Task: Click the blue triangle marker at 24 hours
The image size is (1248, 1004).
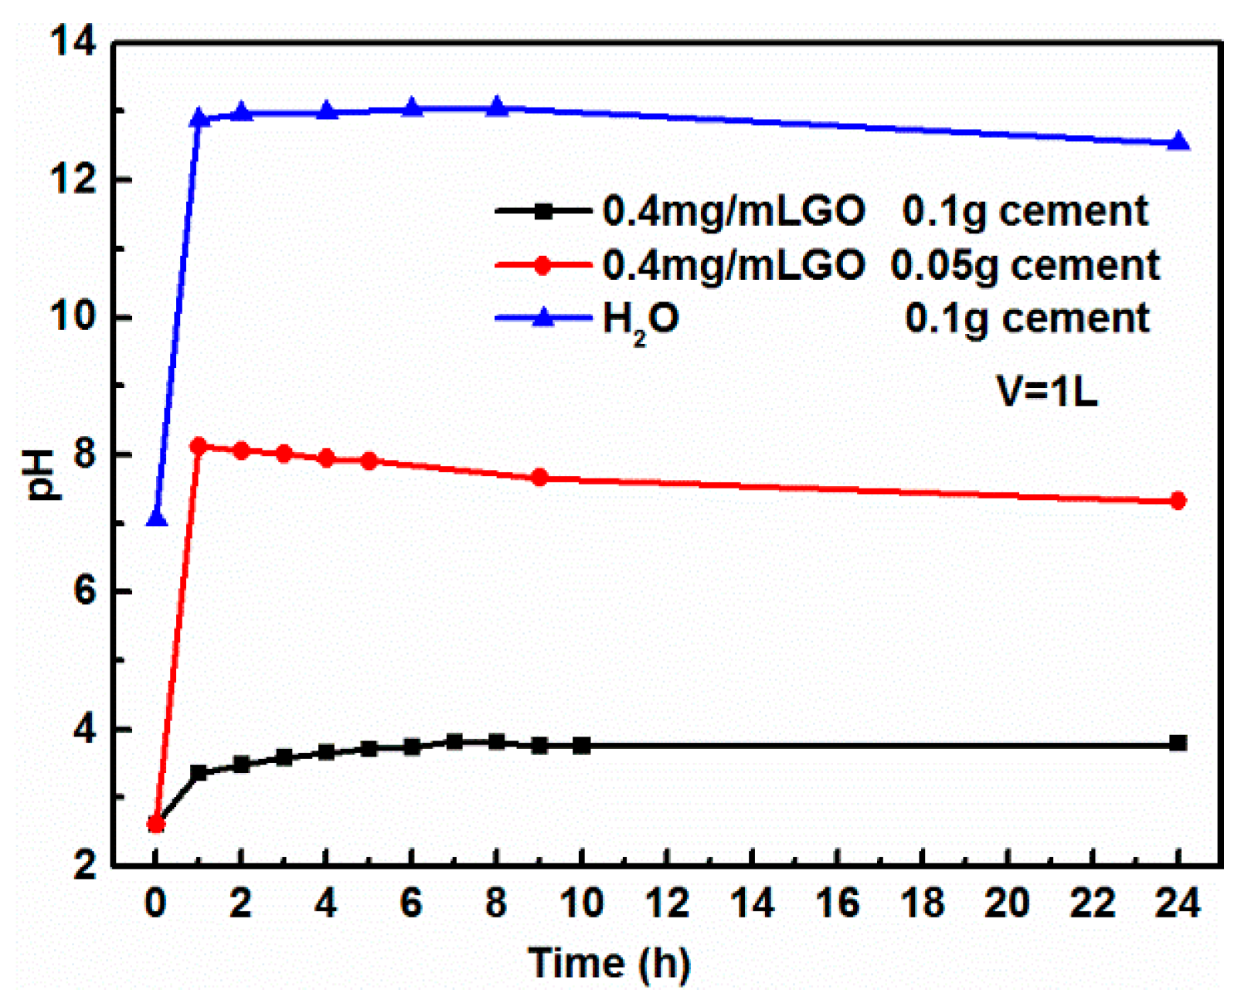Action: (1178, 141)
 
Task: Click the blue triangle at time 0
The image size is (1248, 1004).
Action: (156, 518)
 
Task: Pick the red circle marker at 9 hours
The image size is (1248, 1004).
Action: (539, 478)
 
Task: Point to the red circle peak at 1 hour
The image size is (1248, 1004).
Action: (199, 446)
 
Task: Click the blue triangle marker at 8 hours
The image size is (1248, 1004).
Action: (497, 107)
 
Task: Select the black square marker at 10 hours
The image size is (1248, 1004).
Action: (582, 746)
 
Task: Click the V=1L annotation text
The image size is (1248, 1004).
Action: (1047, 391)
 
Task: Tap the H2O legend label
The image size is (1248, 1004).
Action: (641, 318)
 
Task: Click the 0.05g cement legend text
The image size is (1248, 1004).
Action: (1025, 265)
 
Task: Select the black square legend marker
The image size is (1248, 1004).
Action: (543, 211)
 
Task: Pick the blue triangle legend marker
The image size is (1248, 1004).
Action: (543, 318)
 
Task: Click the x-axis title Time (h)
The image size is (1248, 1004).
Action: (609, 963)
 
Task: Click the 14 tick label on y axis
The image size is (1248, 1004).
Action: (73, 43)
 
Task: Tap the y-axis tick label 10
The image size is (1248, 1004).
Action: (73, 318)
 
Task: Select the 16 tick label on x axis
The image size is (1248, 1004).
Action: (838, 903)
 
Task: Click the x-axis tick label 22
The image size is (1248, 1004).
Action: (1093, 903)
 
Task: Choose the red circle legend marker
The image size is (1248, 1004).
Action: (543, 265)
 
